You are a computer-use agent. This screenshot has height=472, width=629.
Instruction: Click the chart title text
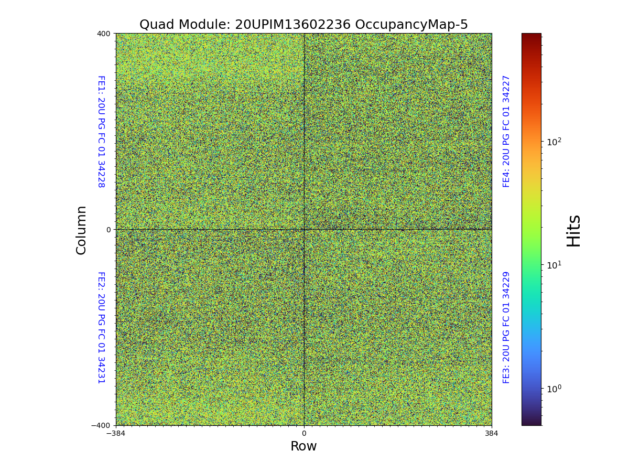[303, 25]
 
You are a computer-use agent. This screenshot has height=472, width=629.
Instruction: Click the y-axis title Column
[81, 230]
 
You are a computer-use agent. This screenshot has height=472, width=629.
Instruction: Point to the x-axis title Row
[303, 446]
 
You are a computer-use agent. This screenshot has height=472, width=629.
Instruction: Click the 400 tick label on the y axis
[104, 34]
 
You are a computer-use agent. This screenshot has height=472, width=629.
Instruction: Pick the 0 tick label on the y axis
[109, 230]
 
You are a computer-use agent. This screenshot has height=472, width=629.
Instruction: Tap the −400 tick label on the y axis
[101, 425]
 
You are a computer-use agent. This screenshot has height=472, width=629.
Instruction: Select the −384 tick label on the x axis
[116, 433]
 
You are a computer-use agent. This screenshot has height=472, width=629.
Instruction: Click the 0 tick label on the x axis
[303, 433]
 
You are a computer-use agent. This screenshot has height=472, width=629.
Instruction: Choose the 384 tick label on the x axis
[492, 433]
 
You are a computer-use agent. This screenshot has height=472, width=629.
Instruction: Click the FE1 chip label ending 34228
[101, 132]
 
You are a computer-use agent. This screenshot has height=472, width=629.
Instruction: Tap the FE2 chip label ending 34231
[101, 327]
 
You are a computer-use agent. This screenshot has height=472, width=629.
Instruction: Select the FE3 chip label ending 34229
[506, 327]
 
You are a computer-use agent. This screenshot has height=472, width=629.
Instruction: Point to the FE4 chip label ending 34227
[506, 131]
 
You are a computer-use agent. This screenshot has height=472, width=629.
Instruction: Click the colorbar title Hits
[574, 230]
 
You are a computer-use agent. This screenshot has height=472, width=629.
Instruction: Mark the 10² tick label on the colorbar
[554, 142]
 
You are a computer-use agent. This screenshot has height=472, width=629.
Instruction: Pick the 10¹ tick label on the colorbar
[554, 265]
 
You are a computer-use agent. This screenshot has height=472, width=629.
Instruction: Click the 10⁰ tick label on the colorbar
[554, 389]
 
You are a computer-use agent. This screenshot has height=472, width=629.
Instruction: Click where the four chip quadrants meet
[304, 229]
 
